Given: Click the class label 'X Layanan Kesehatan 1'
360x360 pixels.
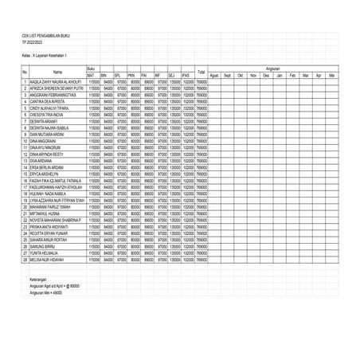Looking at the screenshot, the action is [x=48, y=54].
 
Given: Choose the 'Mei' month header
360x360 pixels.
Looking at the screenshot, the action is [x=331, y=75].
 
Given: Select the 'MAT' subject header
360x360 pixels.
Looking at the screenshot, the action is [x=92, y=75].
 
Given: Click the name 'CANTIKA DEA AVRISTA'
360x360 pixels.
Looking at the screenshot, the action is [x=49, y=101].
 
